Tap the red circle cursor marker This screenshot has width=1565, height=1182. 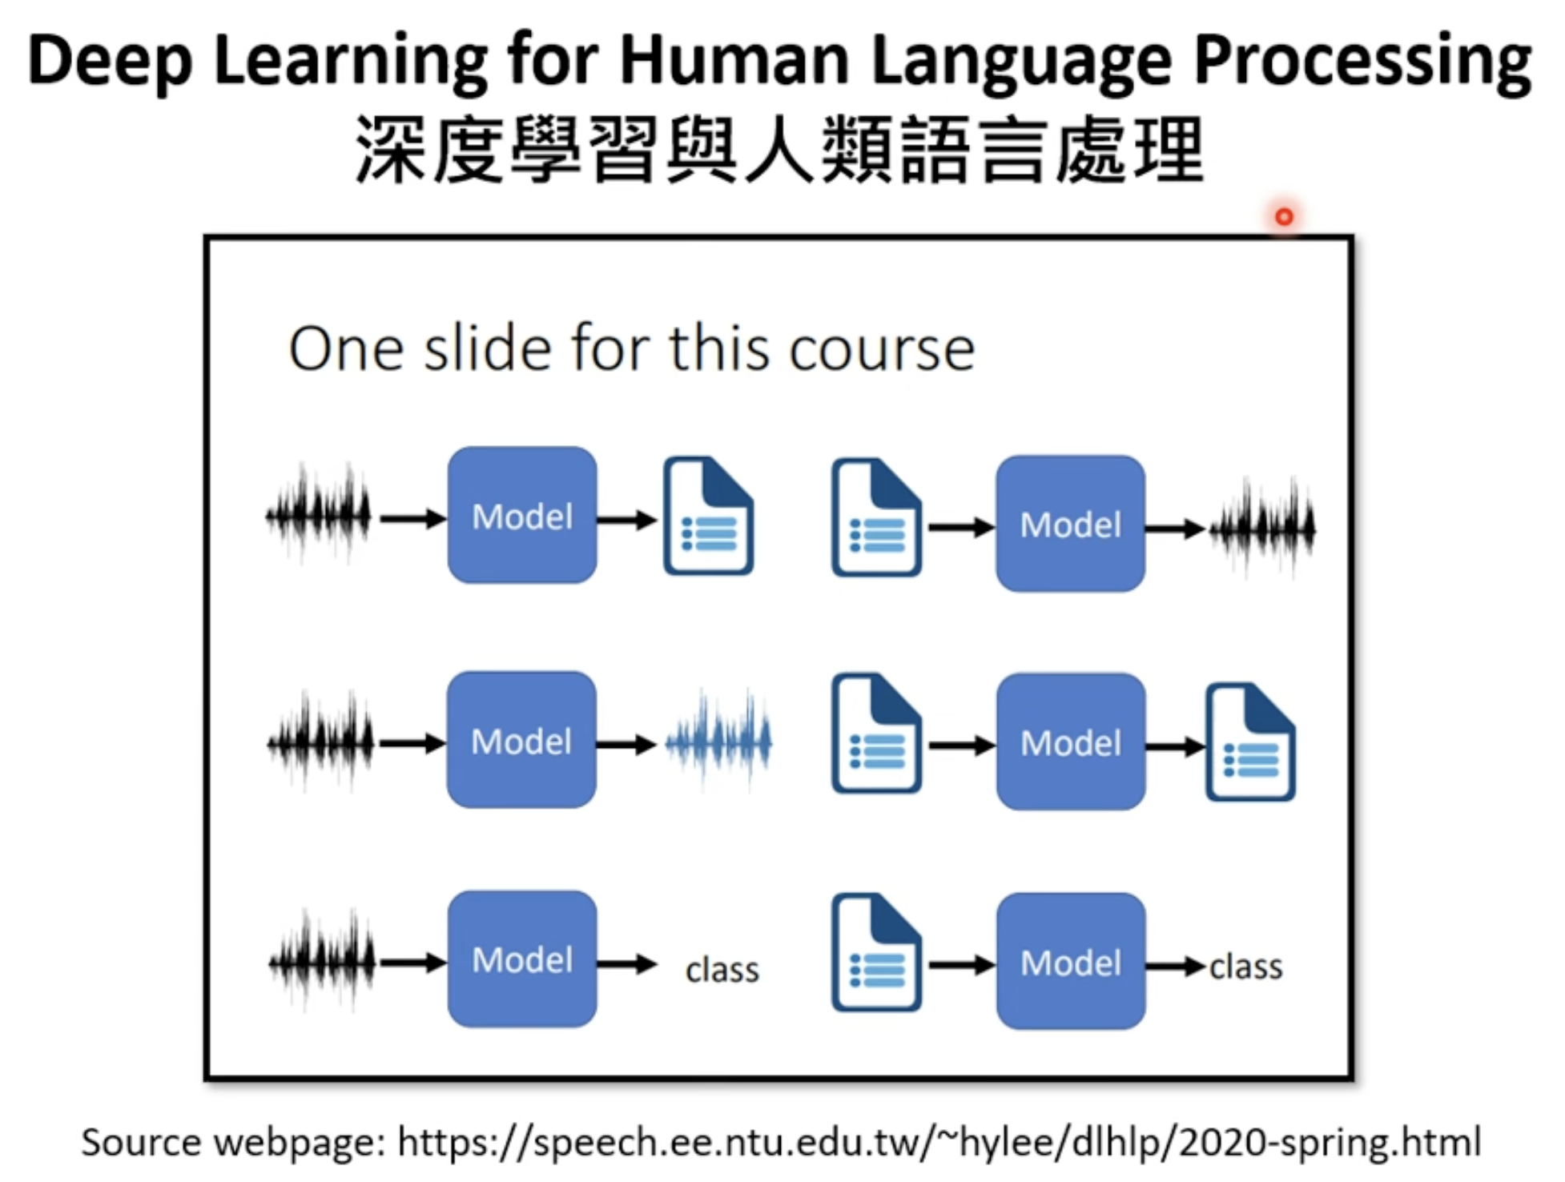[x=1284, y=216]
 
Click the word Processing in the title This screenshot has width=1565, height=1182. [x=1362, y=62]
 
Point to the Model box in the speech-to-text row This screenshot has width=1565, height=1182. [x=522, y=515]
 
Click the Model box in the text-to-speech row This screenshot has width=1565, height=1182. [x=1070, y=524]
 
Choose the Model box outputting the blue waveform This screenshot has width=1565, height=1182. [x=521, y=740]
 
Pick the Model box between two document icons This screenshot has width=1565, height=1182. [x=1071, y=742]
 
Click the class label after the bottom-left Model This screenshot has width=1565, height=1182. [x=722, y=970]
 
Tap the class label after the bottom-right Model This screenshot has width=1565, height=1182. [x=1245, y=967]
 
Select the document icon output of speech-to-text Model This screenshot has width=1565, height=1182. [x=708, y=516]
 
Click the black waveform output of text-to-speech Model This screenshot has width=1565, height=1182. [x=1262, y=528]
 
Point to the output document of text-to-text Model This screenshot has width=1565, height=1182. [x=1250, y=742]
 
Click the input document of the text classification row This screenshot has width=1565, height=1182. [x=876, y=952]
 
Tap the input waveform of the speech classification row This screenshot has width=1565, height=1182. [x=322, y=960]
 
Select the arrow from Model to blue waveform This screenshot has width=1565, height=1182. [x=626, y=745]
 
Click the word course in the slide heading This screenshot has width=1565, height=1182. [x=882, y=351]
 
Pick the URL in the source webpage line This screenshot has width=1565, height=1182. [x=939, y=1142]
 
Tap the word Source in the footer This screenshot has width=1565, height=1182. [x=141, y=1142]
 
